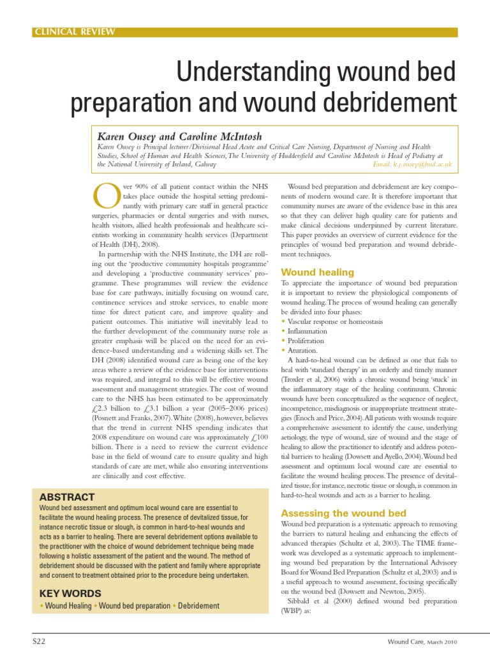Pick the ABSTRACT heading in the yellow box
tap(67, 497)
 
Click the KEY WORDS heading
tap(70, 592)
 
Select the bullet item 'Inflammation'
tap(307, 332)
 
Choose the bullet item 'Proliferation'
tap(306, 341)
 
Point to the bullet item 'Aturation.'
tap(302, 351)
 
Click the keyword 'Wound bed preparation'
tap(135, 606)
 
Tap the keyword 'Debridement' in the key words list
tap(199, 606)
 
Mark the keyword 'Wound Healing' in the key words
tap(68, 606)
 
